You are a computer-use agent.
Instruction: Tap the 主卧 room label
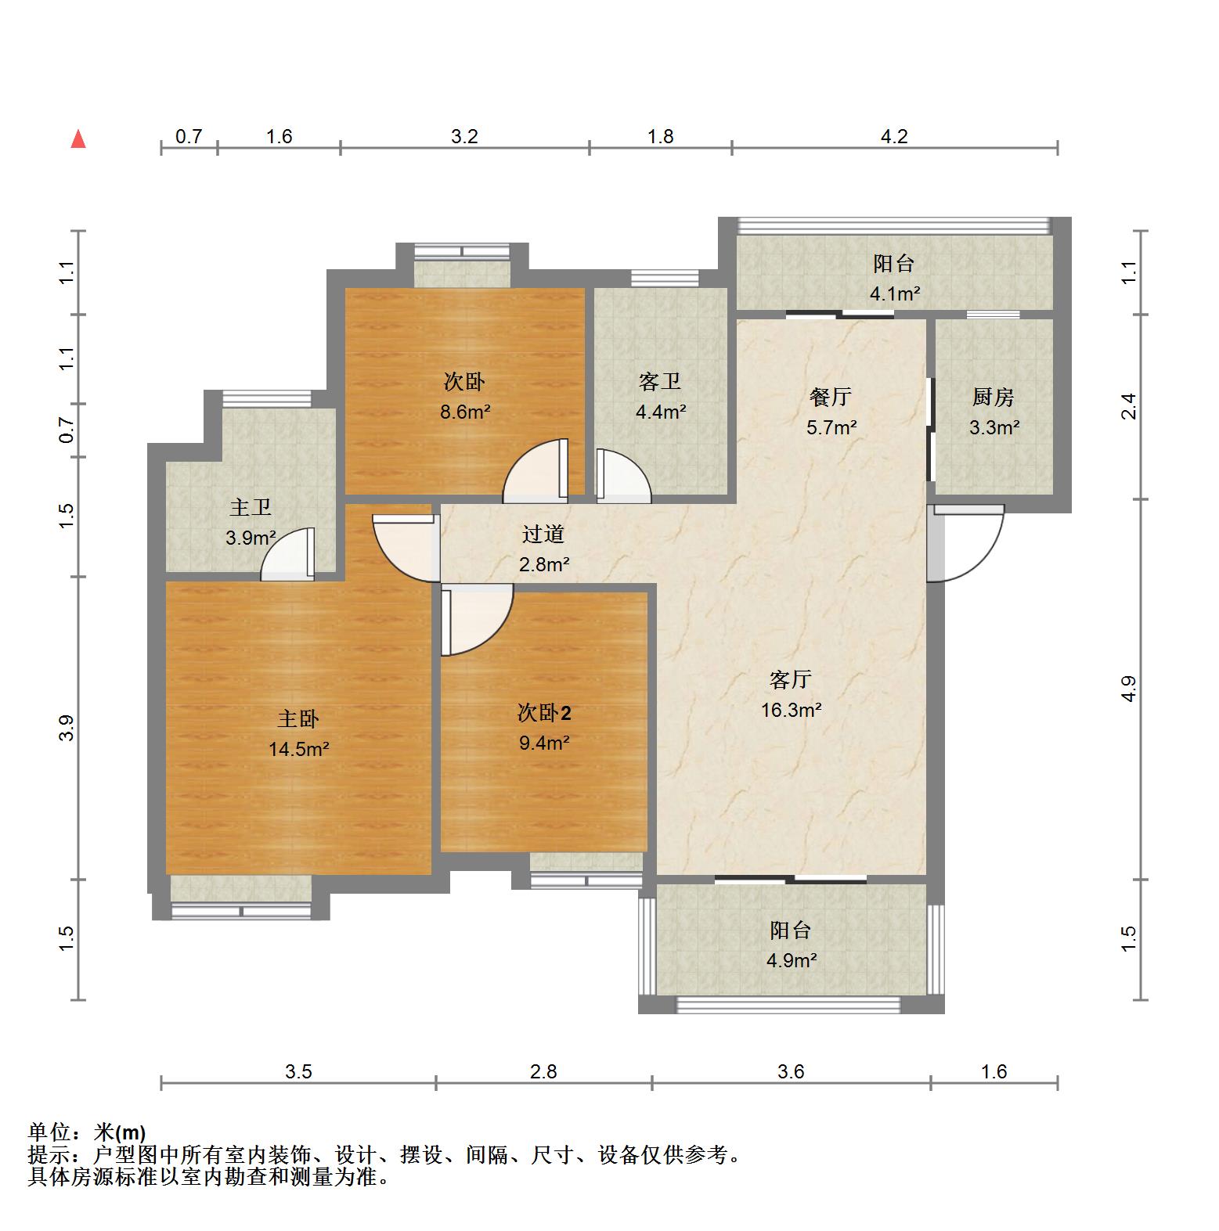[298, 719]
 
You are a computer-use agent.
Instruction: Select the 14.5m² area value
[298, 750]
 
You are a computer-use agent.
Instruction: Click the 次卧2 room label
[544, 713]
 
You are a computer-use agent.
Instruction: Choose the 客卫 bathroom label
[660, 382]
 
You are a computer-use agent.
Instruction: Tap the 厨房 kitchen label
[994, 398]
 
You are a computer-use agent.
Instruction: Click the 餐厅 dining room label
[831, 398]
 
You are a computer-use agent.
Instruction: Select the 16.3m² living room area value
[792, 711]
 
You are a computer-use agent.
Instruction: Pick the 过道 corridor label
[543, 535]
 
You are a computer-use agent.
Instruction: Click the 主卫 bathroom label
[251, 508]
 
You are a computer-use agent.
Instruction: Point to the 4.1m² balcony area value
[895, 294]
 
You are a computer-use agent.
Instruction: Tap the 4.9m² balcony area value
[792, 961]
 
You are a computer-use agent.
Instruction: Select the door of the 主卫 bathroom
[287, 554]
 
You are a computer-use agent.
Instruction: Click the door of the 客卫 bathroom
[623, 475]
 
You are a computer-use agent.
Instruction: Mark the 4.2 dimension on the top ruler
[894, 137]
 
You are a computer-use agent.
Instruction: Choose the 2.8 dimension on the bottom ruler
[543, 1071]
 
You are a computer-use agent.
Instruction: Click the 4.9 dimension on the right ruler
[1128, 689]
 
